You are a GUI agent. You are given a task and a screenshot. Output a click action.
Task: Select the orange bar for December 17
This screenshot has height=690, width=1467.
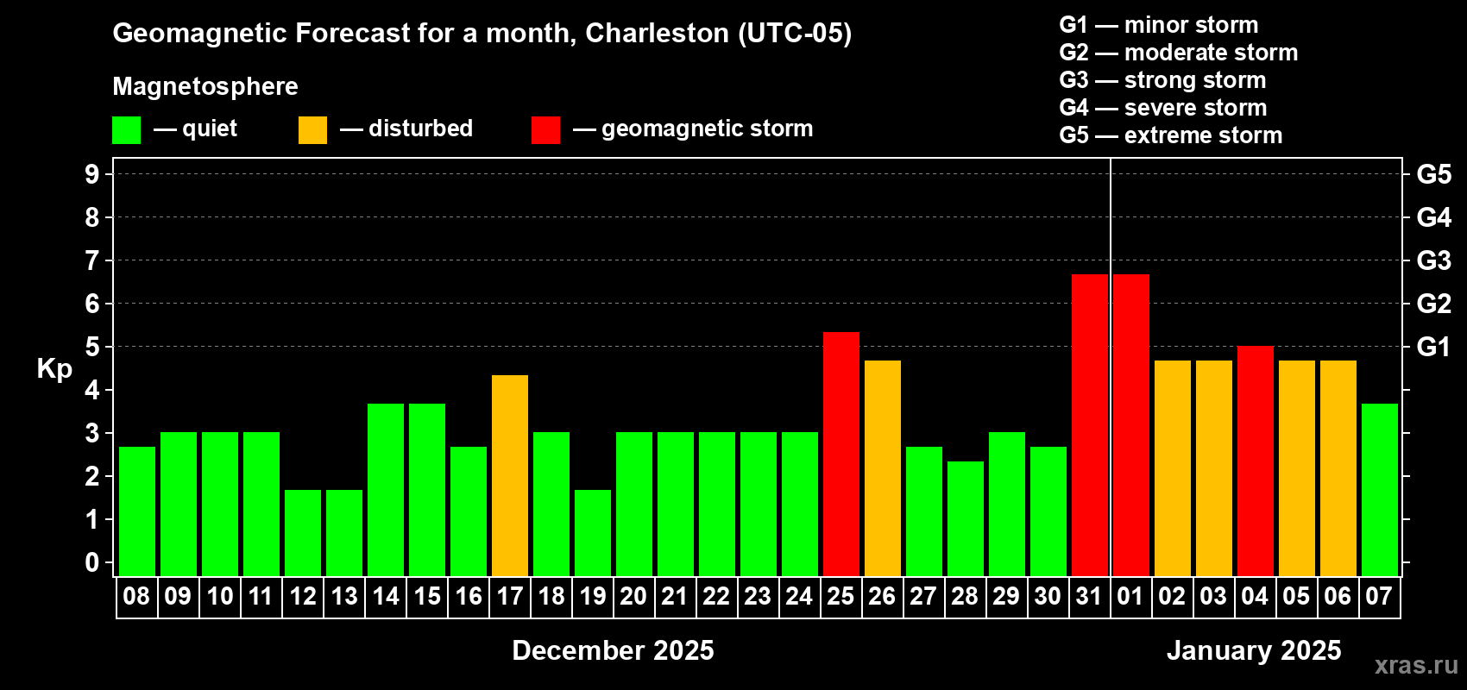pyautogui.click(x=510, y=475)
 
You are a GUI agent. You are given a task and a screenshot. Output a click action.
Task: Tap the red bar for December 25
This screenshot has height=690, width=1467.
pyautogui.click(x=841, y=454)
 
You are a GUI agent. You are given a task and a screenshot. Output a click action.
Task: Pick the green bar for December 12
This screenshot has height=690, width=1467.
pyautogui.click(x=303, y=532)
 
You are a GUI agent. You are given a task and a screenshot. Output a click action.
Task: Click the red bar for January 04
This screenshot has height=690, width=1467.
pyautogui.click(x=1255, y=461)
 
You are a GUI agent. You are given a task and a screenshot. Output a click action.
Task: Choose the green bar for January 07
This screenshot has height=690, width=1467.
pyautogui.click(x=1379, y=489)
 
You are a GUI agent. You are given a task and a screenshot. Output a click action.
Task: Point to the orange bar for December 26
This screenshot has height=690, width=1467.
pyautogui.click(x=882, y=467)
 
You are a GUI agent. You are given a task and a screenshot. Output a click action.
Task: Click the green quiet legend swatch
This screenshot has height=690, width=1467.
pyautogui.click(x=127, y=130)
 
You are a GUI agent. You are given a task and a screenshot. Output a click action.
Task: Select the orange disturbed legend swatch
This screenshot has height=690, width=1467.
pyautogui.click(x=312, y=130)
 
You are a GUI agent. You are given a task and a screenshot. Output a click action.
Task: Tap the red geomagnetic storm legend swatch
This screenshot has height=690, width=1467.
pyautogui.click(x=545, y=130)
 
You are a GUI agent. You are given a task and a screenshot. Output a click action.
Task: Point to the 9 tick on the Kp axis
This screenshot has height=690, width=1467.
pyautogui.click(x=92, y=174)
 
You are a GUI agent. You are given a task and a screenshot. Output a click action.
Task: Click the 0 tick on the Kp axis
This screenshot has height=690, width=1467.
pyautogui.click(x=92, y=562)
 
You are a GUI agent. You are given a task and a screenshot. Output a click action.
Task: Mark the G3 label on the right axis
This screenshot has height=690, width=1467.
pyautogui.click(x=1433, y=260)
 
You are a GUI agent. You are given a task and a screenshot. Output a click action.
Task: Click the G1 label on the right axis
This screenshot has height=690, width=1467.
pyautogui.click(x=1433, y=347)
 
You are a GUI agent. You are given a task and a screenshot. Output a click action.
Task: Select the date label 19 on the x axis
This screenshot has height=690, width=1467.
pyautogui.click(x=593, y=596)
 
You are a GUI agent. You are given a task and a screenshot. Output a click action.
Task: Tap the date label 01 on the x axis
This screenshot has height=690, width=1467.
pyautogui.click(x=1130, y=596)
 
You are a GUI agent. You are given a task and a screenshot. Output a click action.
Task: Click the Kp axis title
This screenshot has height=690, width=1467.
pyautogui.click(x=54, y=369)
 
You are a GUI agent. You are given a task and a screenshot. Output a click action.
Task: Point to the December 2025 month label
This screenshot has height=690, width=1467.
pyautogui.click(x=613, y=650)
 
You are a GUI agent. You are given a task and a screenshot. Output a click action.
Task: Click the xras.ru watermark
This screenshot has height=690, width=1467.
pyautogui.click(x=1416, y=665)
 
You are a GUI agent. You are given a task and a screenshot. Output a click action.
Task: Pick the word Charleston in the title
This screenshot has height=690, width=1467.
pyautogui.click(x=657, y=33)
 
